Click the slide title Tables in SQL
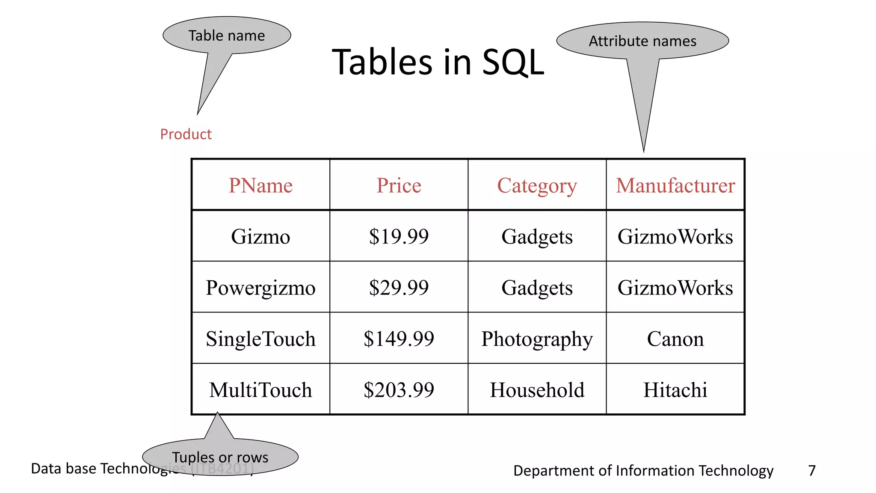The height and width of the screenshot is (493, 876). pos(438,62)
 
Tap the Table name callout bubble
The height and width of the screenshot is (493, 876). pos(227,36)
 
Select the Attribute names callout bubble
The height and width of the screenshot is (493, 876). pos(642,41)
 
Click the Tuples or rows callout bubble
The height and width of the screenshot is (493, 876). pos(220,457)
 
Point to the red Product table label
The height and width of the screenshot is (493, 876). pos(186,134)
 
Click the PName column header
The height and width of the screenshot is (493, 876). pos(260,185)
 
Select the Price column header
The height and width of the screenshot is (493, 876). pos(399,185)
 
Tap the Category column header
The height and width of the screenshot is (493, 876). pos(537,185)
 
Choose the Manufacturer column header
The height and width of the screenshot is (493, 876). pos(675,185)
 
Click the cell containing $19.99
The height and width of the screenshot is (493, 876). pos(399,236)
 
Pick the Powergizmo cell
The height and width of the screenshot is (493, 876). pos(260,287)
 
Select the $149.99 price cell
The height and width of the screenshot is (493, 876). pos(399,339)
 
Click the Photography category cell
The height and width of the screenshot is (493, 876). pos(537,339)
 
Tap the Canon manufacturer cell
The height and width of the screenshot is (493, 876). pos(675,339)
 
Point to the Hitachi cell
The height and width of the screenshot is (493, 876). pos(675,389)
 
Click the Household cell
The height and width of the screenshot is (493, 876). pos(537,389)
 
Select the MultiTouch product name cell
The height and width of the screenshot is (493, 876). pos(260,389)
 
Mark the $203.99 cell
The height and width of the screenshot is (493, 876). pos(399,389)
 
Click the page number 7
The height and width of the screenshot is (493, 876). pos(812,470)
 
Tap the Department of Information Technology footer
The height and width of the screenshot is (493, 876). pos(643,470)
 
